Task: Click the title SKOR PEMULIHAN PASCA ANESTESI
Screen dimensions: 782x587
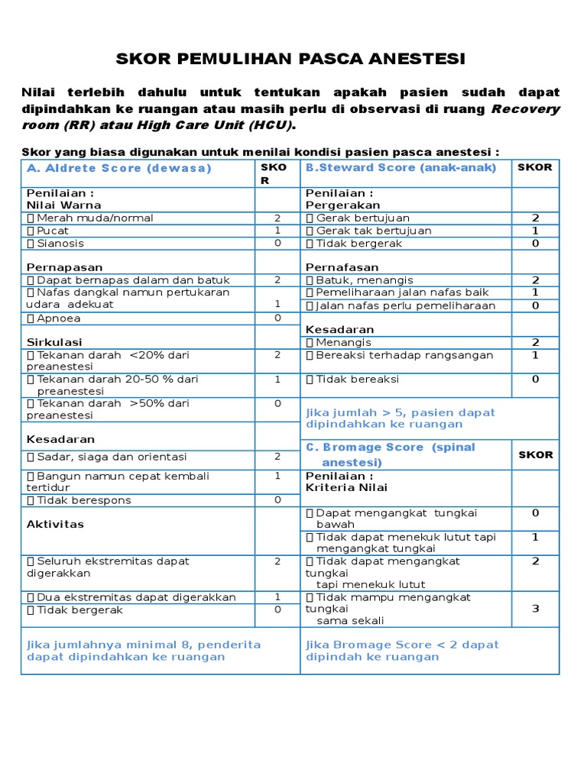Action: (290, 60)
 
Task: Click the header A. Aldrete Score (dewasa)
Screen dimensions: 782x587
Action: (118, 168)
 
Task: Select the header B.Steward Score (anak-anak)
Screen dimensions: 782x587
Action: (401, 167)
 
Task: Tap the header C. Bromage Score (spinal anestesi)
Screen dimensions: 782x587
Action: (391, 454)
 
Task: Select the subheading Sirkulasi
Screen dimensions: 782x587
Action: (54, 342)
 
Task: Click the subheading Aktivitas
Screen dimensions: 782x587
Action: (55, 524)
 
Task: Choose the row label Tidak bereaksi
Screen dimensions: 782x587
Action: (352, 379)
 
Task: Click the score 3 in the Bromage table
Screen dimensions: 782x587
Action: (535, 609)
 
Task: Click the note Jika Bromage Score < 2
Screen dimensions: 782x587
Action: (402, 651)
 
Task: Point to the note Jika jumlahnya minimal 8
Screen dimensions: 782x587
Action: (144, 651)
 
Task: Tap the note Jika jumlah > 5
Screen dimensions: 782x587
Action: (401, 418)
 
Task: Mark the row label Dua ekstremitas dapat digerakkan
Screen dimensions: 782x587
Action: (131, 597)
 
